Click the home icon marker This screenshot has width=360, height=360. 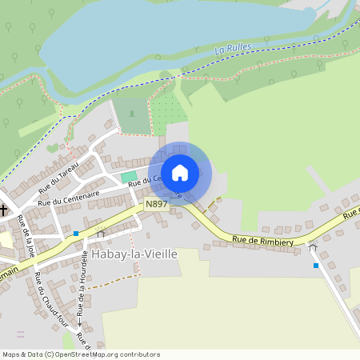pyautogui.click(x=180, y=172)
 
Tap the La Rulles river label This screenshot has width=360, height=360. pyautogui.click(x=233, y=49)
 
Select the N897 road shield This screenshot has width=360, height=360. pyautogui.click(x=156, y=205)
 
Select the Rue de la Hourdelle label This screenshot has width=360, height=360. pyautogui.click(x=83, y=280)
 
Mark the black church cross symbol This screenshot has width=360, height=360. pyautogui.click(x=3, y=211)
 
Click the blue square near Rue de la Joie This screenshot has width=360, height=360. pyautogui.click(x=75, y=234)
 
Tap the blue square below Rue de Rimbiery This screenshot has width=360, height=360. pyautogui.click(x=316, y=265)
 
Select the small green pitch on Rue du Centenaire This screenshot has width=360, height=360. pyautogui.click(x=129, y=176)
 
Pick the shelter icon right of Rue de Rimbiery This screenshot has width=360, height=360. pyautogui.click(x=312, y=247)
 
